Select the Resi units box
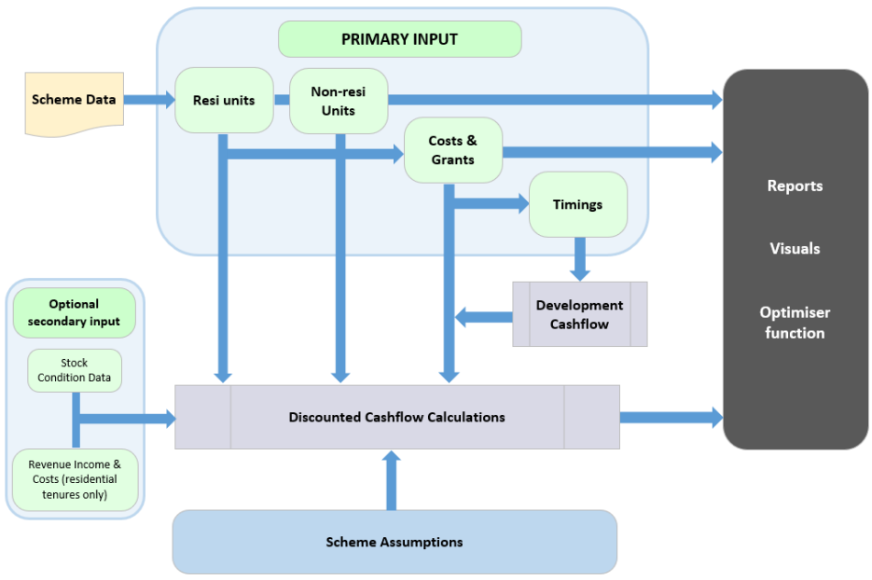click(x=224, y=100)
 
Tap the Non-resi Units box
click(x=339, y=101)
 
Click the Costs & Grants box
click(x=452, y=150)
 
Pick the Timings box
click(x=577, y=204)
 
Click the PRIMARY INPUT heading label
click(x=399, y=40)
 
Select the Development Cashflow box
click(x=579, y=314)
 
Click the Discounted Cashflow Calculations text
click(x=396, y=417)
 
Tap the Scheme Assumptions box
click(x=394, y=542)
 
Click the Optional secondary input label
click(x=75, y=313)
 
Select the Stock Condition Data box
click(x=75, y=370)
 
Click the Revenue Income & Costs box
click(x=75, y=479)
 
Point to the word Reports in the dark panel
click(x=795, y=186)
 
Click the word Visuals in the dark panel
click(x=795, y=249)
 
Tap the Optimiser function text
click(x=795, y=323)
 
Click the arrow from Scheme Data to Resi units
click(x=149, y=99)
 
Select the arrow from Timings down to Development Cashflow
click(x=580, y=258)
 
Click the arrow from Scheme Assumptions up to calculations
click(x=391, y=480)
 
